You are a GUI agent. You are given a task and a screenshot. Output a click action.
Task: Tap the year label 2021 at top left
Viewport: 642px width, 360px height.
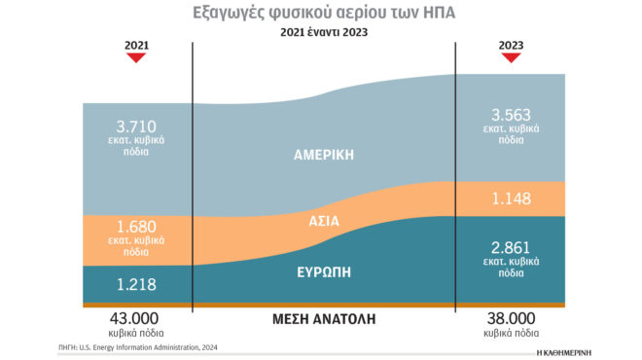click(x=137, y=45)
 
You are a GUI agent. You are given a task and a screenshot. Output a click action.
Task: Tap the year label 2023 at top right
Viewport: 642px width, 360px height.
click(x=510, y=45)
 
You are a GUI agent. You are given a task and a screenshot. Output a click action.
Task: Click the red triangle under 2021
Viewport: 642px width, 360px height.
click(x=137, y=58)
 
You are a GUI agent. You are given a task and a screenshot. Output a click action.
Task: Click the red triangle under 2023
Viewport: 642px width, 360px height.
click(x=510, y=58)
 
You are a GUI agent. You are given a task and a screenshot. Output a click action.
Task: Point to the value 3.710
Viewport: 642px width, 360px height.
click(x=135, y=126)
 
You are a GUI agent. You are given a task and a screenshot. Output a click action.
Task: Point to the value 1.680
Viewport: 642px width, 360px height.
click(x=135, y=227)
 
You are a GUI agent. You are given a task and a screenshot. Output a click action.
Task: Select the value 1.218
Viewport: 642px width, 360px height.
click(x=135, y=284)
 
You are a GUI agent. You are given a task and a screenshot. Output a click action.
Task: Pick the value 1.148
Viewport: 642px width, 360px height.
click(x=511, y=198)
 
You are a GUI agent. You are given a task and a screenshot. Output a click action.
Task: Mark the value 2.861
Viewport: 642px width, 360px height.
click(x=511, y=246)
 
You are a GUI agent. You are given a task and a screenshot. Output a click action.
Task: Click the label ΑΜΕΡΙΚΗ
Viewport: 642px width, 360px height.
click(x=324, y=155)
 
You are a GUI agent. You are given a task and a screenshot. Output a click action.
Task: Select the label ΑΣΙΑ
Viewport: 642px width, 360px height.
click(x=324, y=221)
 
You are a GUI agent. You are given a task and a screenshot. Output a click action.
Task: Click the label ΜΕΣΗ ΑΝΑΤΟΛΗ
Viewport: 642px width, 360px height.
click(x=324, y=319)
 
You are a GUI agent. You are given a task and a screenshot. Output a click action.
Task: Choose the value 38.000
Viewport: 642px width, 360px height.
click(x=510, y=318)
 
